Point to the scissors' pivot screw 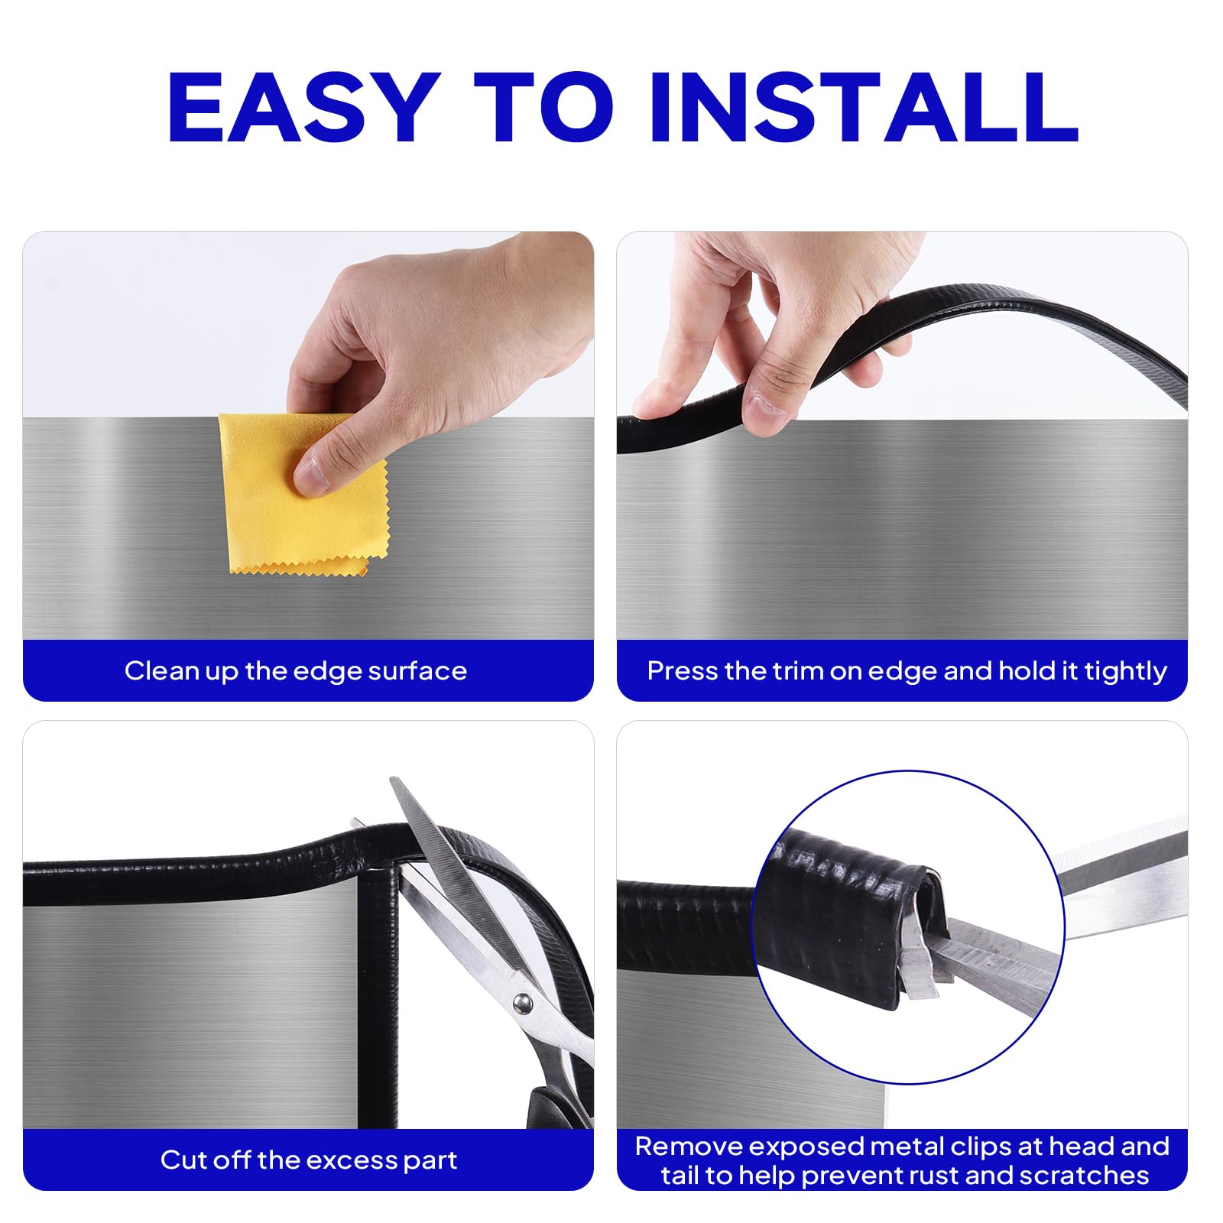tap(523, 1001)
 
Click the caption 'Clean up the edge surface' tap(296, 671)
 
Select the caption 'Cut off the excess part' tap(308, 1160)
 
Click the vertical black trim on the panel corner tap(379, 994)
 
